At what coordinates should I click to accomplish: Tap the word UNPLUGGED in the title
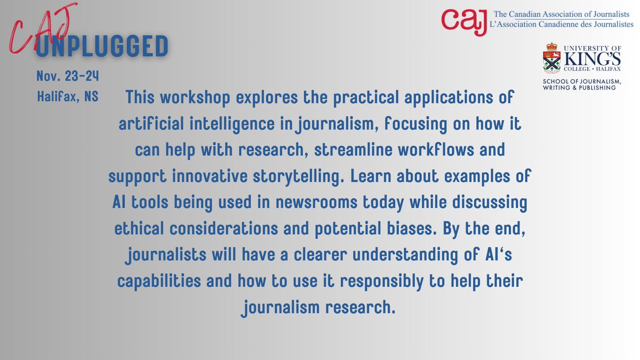102,47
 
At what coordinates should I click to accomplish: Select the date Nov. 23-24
67,77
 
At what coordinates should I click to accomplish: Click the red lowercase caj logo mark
463,21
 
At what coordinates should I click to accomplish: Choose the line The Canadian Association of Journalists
562,14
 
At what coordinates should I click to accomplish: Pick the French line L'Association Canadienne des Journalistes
562,25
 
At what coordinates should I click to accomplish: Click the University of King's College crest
551,58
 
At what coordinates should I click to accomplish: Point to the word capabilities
149,282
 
